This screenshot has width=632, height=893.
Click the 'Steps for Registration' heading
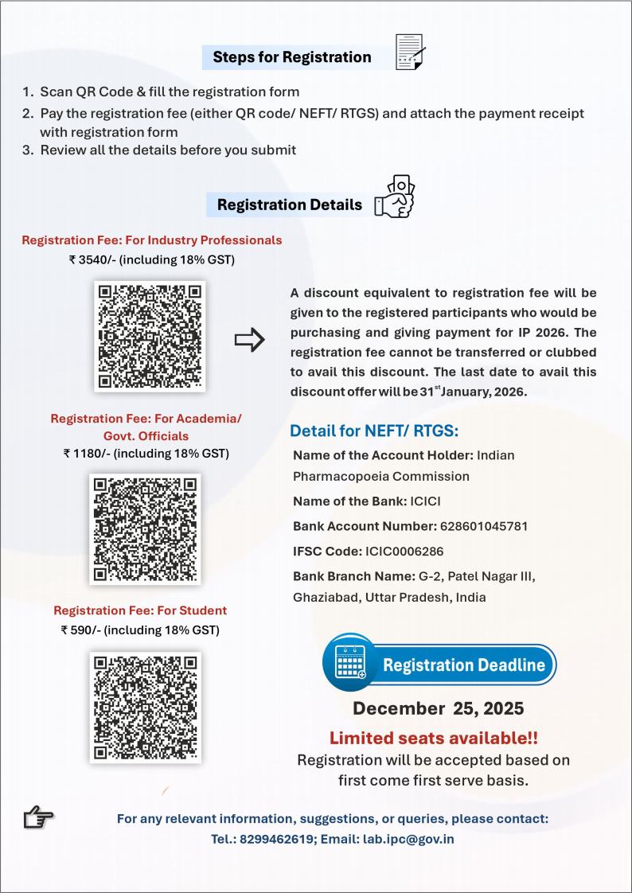(291, 57)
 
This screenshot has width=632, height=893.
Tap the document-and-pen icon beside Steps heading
(410, 53)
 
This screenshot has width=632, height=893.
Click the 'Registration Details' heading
(289, 205)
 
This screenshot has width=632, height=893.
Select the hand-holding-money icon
(396, 197)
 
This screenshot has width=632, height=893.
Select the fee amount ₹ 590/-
(82, 630)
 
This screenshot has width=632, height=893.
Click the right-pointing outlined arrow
(249, 341)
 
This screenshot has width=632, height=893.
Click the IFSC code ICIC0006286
(404, 551)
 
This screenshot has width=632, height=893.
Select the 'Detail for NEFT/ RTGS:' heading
(374, 431)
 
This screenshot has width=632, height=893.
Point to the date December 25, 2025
(439, 708)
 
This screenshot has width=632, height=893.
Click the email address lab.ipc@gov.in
(408, 839)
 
